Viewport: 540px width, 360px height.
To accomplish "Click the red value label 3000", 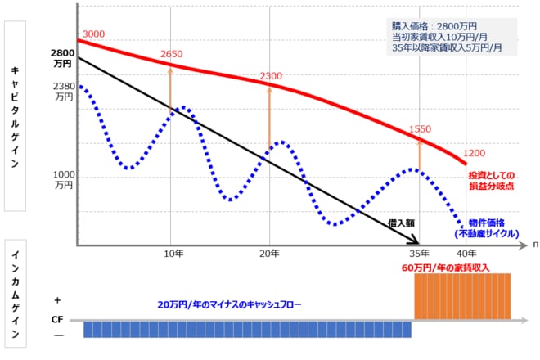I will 94,34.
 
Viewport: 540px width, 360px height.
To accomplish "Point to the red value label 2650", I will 172,54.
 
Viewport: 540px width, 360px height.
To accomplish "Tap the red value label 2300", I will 271,76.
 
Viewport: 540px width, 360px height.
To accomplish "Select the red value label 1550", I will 420,129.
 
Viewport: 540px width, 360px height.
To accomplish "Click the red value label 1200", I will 474,153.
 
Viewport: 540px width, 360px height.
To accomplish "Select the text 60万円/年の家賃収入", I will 445,268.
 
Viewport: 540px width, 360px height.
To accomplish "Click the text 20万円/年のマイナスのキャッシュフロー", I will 230,304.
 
